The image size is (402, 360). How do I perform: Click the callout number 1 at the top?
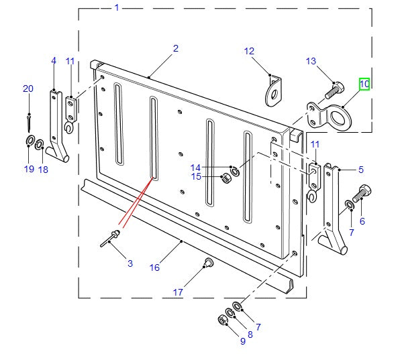coord(117,8)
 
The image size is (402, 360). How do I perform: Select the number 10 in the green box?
coord(364,84)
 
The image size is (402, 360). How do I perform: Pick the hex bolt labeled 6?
coord(361,194)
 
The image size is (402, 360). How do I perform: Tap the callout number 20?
coord(28,88)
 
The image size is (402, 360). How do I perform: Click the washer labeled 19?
coord(30,140)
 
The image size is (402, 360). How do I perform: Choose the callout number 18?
coord(43,170)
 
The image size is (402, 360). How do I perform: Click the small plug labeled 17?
coord(207,261)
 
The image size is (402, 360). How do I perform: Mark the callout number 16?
coord(154,267)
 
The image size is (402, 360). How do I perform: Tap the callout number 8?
coord(250,335)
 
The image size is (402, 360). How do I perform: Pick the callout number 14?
coord(195,168)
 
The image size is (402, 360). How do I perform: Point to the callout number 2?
coord(175,48)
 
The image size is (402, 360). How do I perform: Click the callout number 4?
coord(54,61)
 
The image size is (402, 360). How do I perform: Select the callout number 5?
coord(360,170)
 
